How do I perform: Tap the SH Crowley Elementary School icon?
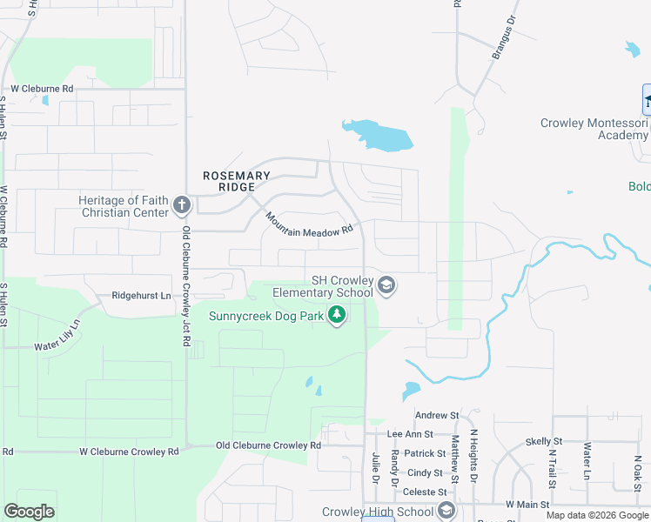(x=387, y=285)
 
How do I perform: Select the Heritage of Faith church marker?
(x=182, y=205)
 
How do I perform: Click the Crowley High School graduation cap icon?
(x=447, y=511)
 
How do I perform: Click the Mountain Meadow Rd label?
(x=311, y=224)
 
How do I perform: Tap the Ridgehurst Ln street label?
(x=141, y=296)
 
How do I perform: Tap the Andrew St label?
(x=436, y=416)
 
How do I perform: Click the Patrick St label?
(x=425, y=453)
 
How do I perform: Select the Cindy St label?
(x=425, y=472)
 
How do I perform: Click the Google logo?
(x=29, y=512)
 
